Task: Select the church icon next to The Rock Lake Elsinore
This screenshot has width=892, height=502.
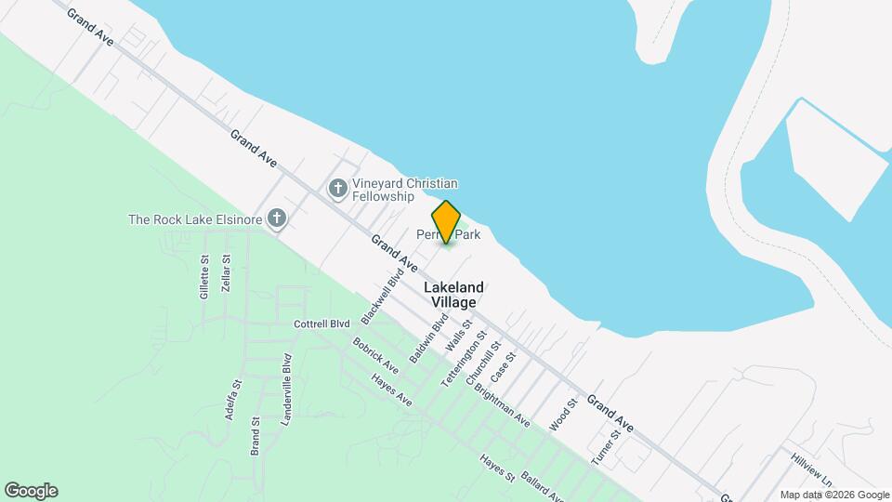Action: (276, 219)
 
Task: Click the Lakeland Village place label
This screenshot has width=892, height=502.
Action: (453, 295)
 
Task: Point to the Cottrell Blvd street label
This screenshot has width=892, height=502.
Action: (321, 324)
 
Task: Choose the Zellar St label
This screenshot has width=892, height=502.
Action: (226, 275)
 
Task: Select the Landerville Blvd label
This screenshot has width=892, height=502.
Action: (286, 390)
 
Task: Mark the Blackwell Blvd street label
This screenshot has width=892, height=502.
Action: (384, 297)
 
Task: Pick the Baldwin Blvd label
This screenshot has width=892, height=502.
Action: (428, 337)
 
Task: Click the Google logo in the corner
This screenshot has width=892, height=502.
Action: (31, 491)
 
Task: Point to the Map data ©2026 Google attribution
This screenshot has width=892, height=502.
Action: (834, 495)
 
